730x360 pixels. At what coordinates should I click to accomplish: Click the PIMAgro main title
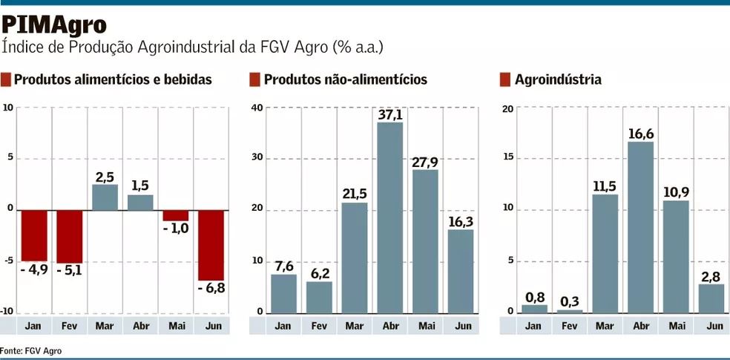point(54,24)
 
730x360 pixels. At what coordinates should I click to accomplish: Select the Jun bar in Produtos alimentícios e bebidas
point(211,245)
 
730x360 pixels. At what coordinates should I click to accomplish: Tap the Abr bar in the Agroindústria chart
point(640,226)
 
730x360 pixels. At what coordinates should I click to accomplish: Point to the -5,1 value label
point(68,270)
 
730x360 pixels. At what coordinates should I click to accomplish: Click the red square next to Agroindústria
point(505,79)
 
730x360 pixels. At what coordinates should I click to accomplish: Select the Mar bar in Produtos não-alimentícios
point(354,258)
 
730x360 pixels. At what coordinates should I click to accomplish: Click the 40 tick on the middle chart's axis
point(257,108)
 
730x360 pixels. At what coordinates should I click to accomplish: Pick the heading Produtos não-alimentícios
point(345,79)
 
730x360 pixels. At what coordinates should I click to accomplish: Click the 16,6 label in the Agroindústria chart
point(640,133)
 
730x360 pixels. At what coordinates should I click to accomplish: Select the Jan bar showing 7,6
point(283,293)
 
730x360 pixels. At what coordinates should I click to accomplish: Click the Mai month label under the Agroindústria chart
point(676,326)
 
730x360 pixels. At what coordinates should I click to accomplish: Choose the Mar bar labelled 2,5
point(105,197)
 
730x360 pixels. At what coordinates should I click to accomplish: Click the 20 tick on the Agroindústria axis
point(508,109)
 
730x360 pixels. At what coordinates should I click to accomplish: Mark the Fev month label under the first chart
point(68,326)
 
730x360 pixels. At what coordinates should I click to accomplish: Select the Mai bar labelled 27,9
point(425,241)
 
